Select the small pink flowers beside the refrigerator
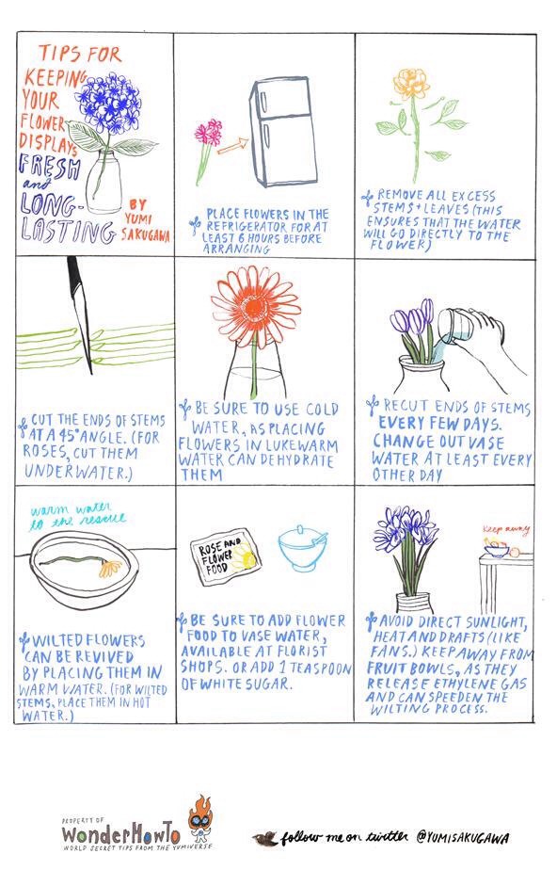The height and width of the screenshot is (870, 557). (208, 133)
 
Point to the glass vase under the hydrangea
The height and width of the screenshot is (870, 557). (105, 183)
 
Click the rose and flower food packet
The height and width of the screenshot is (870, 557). (224, 558)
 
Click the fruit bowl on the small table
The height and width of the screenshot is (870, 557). (499, 546)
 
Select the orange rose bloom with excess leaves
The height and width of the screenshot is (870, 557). (410, 84)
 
